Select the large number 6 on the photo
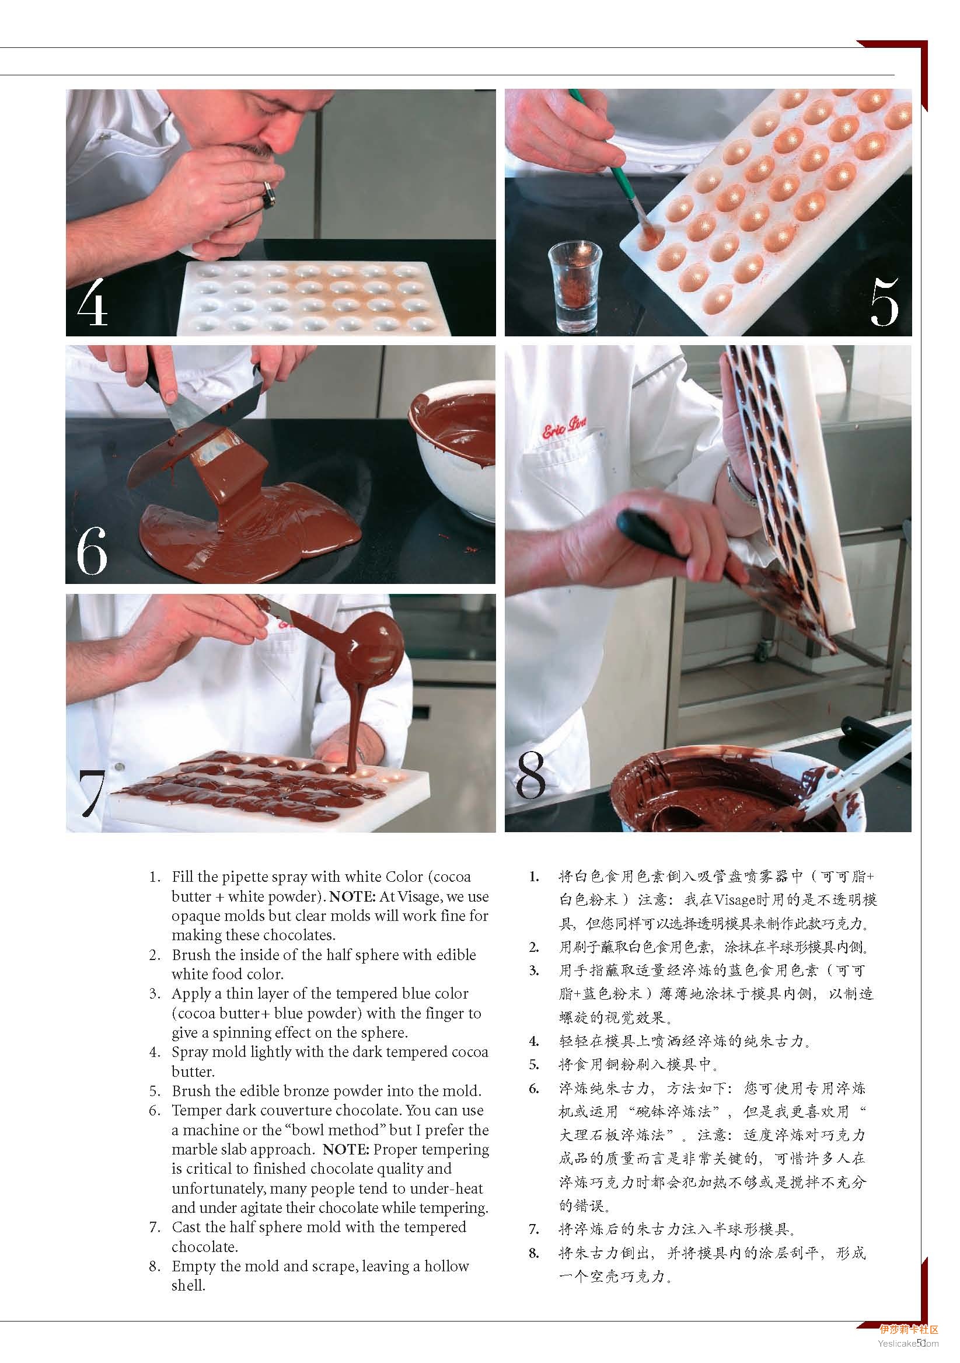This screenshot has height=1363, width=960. click(92, 550)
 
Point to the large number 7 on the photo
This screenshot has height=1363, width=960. click(92, 794)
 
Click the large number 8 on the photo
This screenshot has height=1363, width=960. click(530, 775)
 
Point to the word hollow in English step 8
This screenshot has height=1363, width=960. click(446, 1265)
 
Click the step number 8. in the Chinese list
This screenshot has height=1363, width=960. click(534, 1253)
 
